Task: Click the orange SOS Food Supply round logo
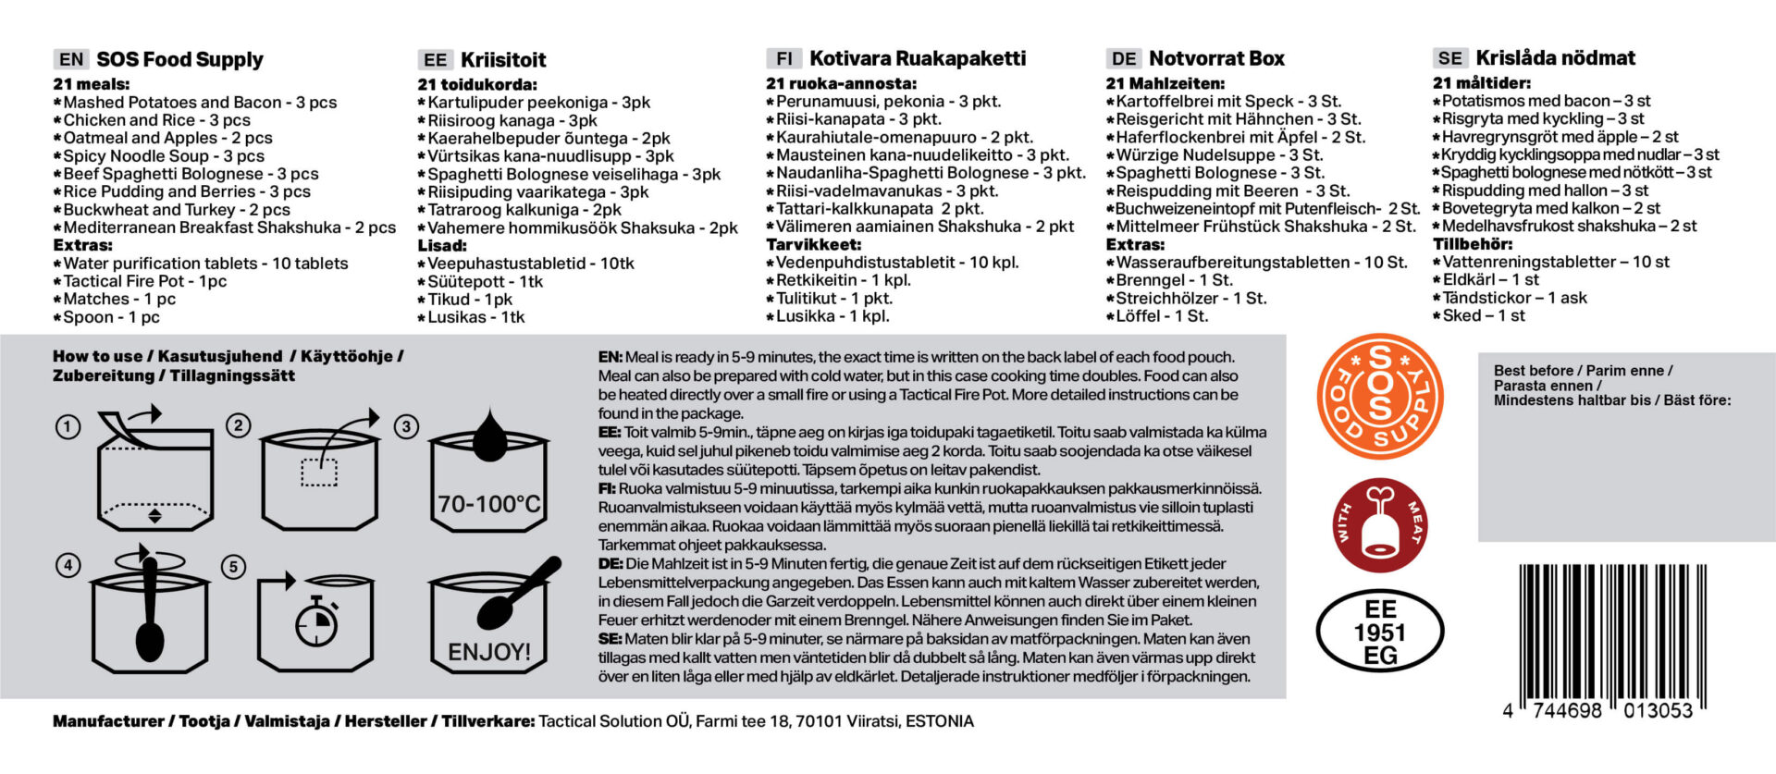click(1379, 397)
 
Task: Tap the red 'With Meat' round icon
click(1379, 524)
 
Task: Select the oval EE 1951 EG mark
click(1379, 632)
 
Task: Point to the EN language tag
click(71, 60)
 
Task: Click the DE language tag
click(1124, 59)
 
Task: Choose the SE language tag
click(1449, 58)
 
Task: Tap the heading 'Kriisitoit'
click(503, 60)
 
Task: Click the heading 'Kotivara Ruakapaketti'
click(918, 58)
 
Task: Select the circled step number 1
click(68, 427)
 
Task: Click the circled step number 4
click(68, 565)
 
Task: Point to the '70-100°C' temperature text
click(488, 505)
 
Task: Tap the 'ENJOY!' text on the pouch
click(489, 652)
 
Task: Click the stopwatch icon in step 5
click(316, 622)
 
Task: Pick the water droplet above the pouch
click(489, 431)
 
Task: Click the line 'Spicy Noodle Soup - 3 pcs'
click(163, 156)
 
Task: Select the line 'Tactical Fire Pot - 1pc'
click(144, 281)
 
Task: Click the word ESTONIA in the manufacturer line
click(939, 721)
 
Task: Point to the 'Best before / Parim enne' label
click(1583, 371)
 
